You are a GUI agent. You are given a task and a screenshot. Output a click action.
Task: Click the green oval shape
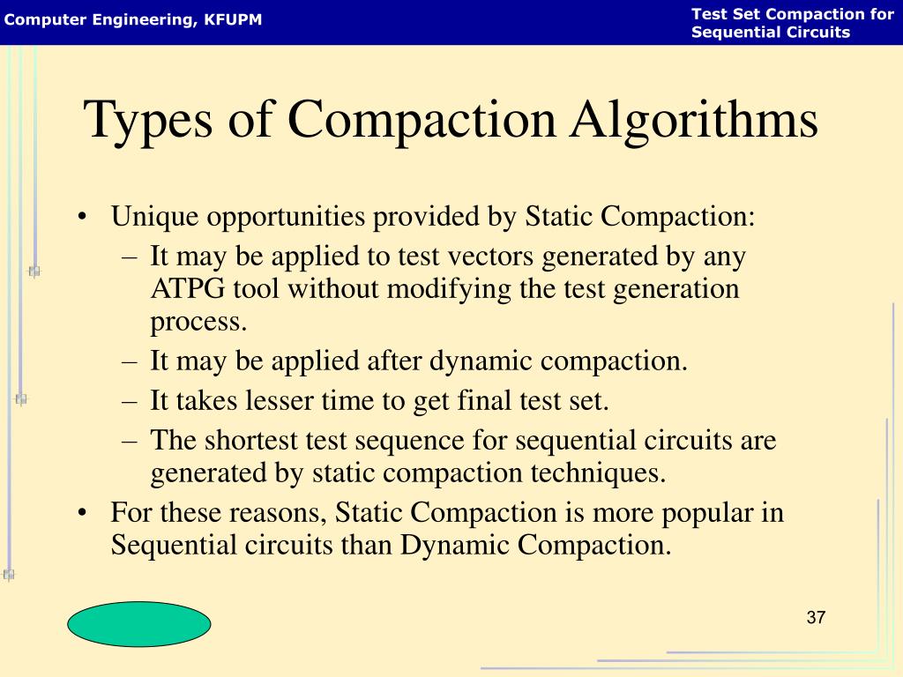tap(139, 624)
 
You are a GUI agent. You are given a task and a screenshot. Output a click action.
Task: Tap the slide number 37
tap(816, 617)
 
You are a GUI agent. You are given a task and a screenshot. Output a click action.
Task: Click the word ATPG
tap(184, 289)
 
